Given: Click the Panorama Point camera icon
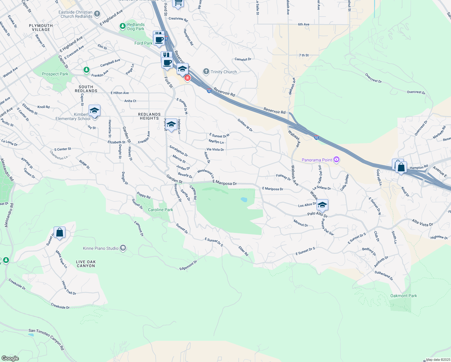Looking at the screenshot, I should coord(336,160).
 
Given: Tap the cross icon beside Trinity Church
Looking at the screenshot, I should coord(206,71).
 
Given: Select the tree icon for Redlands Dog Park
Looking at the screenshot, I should coord(122,26).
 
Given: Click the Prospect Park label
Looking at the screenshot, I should coord(55,74).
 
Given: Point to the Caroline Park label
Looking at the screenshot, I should coord(160,210).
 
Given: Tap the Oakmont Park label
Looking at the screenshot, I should coord(403,296).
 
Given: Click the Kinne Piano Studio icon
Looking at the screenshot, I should coord(123,248).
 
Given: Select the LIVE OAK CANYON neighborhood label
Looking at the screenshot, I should coord(86,264).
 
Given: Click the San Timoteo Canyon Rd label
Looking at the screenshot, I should coord(46,339).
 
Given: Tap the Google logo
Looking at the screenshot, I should coord(10,358).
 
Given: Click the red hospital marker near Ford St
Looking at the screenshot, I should coord(188,78).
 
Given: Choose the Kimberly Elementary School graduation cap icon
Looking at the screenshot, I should coord(94,111).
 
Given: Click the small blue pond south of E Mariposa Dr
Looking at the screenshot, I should coord(244,199).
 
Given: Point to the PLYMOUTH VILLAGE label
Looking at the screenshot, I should coord(41,27).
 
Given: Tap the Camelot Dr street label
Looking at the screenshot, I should coord(243,59).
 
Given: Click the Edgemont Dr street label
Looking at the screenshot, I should coord(188,265).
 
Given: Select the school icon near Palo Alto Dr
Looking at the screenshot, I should coord(322,205).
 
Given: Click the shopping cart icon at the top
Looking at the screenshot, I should coord(178,3).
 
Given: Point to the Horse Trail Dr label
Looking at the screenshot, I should coord(69,288).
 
